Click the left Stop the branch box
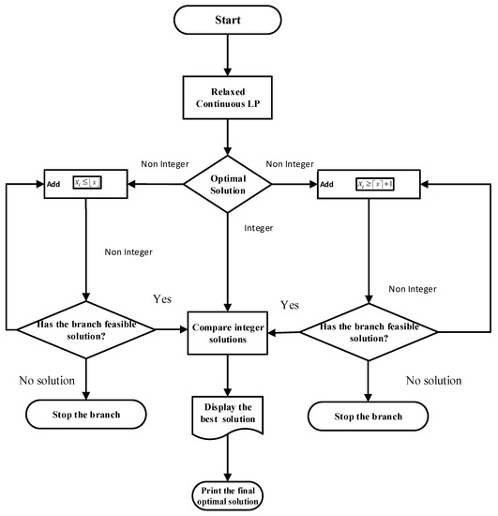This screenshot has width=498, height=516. point(86,414)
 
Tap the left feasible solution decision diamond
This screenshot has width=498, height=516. point(86,330)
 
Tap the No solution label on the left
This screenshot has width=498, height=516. point(51,380)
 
